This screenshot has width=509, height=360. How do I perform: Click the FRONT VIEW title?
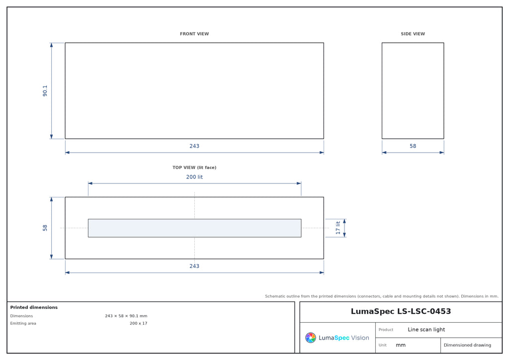194,34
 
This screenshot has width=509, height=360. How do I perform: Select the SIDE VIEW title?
413,34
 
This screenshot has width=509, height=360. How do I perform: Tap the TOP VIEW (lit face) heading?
194,168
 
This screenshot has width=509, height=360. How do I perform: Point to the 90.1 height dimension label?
45,91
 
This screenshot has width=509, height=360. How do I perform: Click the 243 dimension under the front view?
194,146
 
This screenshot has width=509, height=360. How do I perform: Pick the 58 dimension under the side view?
413,146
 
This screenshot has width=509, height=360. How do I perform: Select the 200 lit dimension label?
194,177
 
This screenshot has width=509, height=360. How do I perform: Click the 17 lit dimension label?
338,228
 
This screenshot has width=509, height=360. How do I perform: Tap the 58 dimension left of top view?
45,228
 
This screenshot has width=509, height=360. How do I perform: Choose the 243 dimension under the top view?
194,266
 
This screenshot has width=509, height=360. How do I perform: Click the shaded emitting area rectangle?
194,228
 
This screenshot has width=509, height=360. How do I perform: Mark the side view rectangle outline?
382,91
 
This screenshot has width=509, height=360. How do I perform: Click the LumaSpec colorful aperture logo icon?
310,338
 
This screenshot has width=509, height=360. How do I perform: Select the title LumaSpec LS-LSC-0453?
401,311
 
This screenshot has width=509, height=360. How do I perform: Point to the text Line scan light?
426,330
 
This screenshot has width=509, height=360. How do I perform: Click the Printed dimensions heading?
34,307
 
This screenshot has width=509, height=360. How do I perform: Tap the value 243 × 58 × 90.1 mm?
126,316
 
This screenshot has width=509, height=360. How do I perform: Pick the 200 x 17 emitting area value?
138,323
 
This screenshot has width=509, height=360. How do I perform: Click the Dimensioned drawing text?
467,345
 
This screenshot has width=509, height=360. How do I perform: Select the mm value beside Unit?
401,345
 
